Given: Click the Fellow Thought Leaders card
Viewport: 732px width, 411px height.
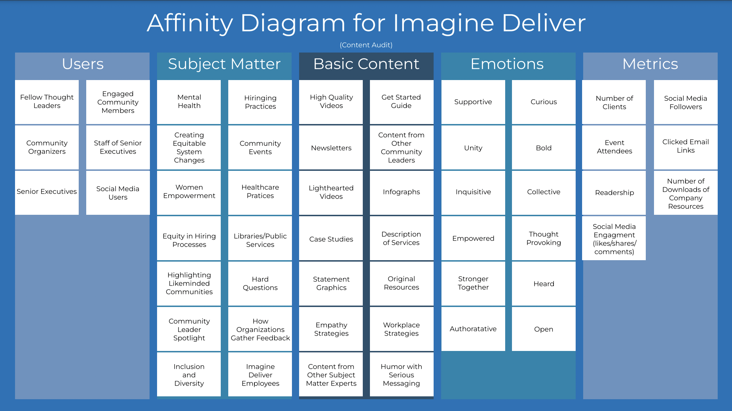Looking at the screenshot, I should tap(47, 102).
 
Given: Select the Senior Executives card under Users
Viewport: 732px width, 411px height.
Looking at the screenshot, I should tap(47, 192).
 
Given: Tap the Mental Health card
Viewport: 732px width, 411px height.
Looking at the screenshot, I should tap(189, 102).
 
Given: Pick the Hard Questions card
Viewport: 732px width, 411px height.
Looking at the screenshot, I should tap(260, 283).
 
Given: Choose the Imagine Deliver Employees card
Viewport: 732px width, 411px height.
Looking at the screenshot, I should tap(260, 375).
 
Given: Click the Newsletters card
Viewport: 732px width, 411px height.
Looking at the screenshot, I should tap(331, 148).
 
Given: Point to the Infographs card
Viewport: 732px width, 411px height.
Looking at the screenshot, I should tap(401, 192).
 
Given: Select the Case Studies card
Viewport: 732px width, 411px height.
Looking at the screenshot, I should tap(331, 238).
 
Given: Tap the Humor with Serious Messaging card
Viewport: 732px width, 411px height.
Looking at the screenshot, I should tap(401, 375).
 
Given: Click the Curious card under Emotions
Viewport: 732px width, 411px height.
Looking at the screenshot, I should tap(543, 102).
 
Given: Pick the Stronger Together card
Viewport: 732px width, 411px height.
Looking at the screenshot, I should tap(473, 283).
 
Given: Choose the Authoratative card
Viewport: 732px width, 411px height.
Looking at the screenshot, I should tap(473, 329).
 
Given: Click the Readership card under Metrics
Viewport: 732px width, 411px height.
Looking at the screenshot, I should tap(614, 192).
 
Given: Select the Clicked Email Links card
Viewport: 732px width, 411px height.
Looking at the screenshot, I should tap(685, 147).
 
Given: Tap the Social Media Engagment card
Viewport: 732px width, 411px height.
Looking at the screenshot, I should tap(614, 238).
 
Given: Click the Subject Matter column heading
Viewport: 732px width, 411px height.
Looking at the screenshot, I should tap(224, 64).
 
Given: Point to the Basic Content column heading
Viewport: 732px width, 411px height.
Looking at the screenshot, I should tap(366, 64).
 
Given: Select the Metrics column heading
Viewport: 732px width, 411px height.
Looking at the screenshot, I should tap(650, 64).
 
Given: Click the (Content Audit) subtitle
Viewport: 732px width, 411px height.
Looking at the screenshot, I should tap(366, 45).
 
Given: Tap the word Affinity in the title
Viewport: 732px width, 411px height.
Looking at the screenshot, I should tap(190, 23).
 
